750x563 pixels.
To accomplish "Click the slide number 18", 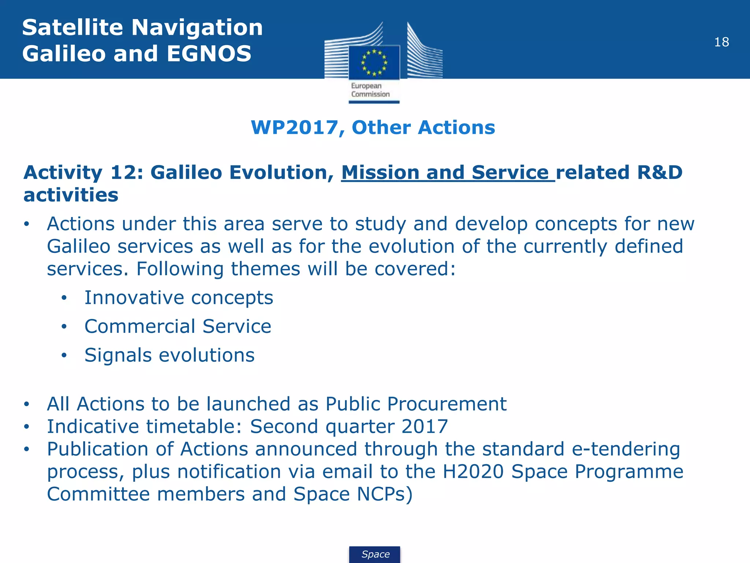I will pyautogui.click(x=721, y=42).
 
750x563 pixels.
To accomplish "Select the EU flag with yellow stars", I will pyautogui.click(x=374, y=62).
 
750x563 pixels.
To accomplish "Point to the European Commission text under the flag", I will pyautogui.click(x=370, y=90).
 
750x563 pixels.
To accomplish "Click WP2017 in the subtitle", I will pyautogui.click(x=294, y=128).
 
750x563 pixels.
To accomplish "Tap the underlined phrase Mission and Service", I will pyautogui.click(x=448, y=172).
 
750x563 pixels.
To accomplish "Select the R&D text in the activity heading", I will pyautogui.click(x=660, y=172).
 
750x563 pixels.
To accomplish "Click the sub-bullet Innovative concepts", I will pyautogui.click(x=179, y=297).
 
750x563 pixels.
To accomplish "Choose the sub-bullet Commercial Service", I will pyautogui.click(x=178, y=326).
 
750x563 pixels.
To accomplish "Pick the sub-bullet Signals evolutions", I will pyautogui.click(x=169, y=355).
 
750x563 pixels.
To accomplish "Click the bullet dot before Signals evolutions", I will pyautogui.click(x=64, y=355).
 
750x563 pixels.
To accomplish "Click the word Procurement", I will pyautogui.click(x=447, y=404).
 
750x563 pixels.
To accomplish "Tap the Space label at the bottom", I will pyautogui.click(x=375, y=554).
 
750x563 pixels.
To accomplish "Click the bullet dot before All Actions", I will pyautogui.click(x=26, y=404).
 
